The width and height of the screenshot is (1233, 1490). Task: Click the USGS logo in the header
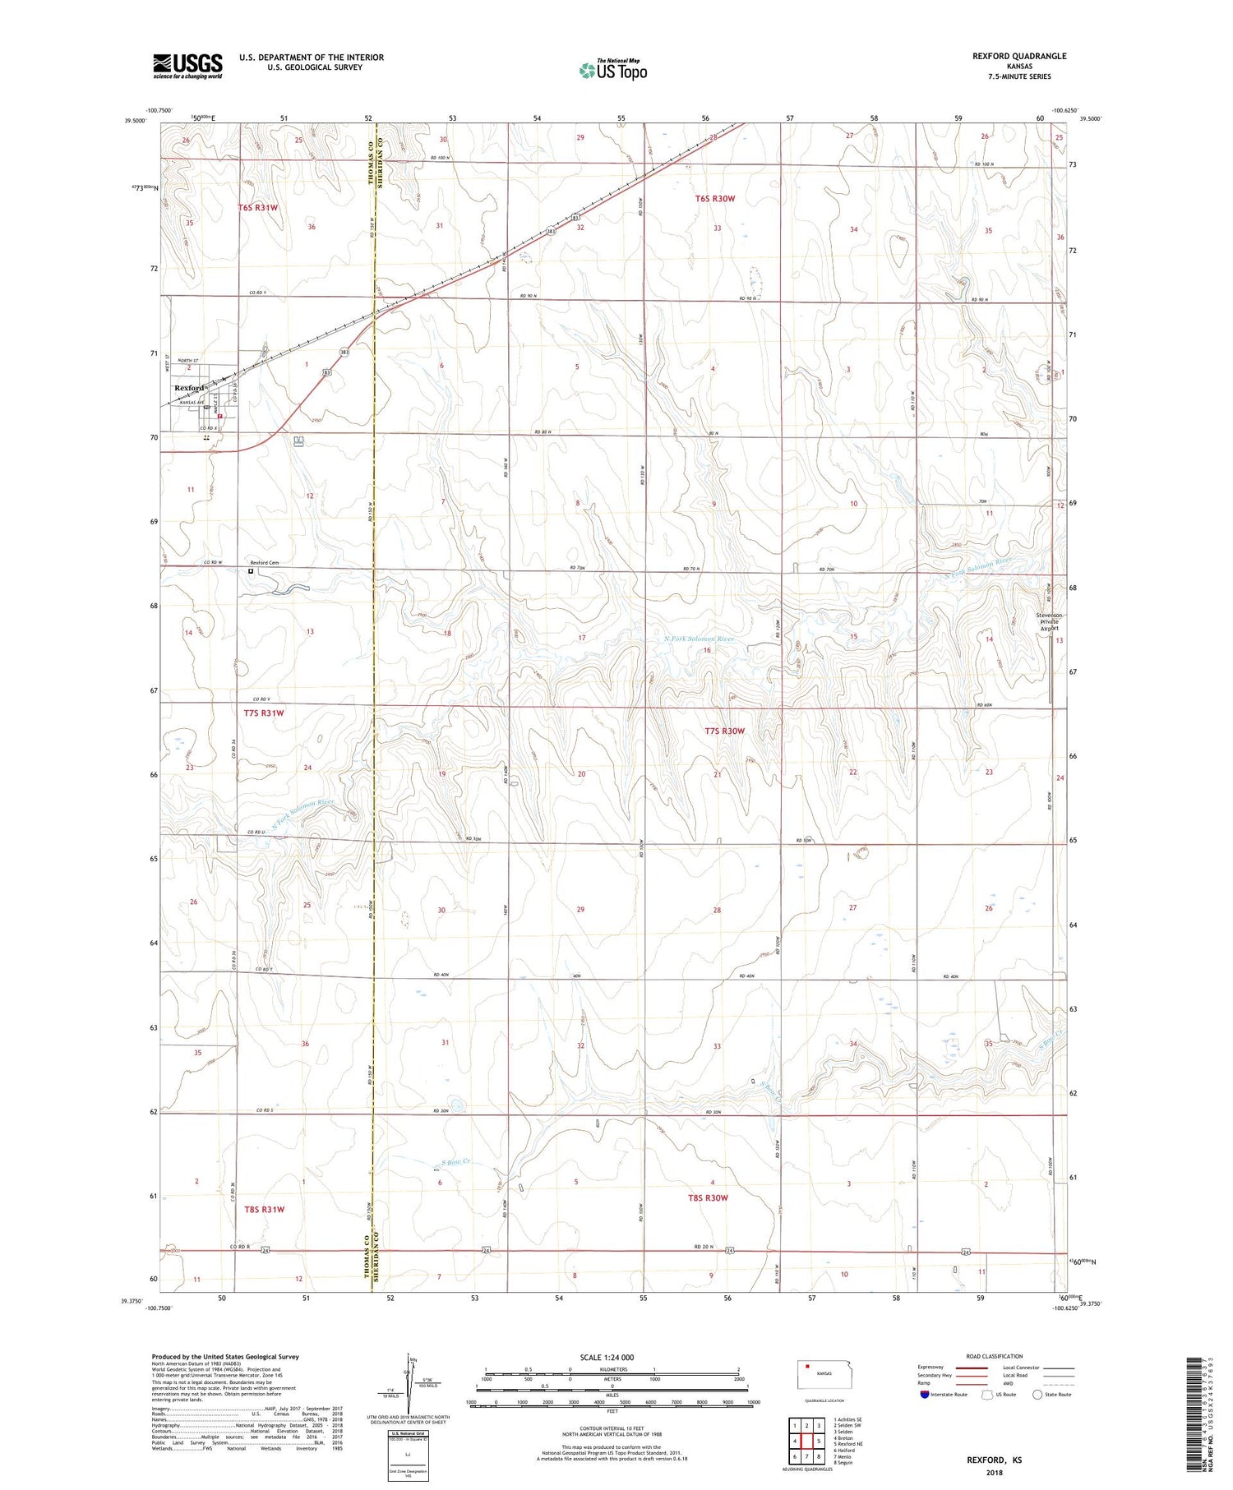(x=187, y=66)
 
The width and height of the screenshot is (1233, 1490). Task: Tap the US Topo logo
(x=613, y=71)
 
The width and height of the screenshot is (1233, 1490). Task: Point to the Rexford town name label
(x=189, y=388)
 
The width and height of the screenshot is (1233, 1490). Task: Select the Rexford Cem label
(x=265, y=563)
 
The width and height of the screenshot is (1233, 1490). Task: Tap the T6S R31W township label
(x=258, y=208)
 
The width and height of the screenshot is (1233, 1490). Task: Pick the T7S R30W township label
(x=724, y=731)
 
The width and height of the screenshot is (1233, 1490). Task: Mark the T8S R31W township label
(x=264, y=1210)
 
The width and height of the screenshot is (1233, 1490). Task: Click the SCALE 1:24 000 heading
(x=607, y=1358)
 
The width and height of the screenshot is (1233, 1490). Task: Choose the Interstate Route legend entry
(x=945, y=1395)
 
